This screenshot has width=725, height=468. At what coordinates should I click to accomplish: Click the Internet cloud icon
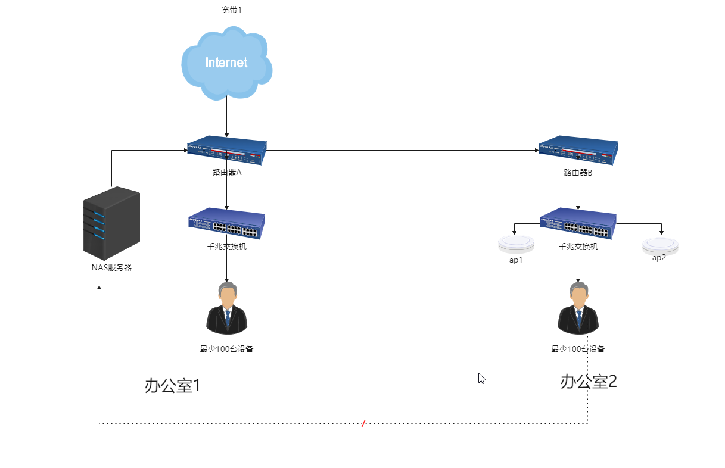click(226, 63)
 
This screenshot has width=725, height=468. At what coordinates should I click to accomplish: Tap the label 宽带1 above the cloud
click(232, 10)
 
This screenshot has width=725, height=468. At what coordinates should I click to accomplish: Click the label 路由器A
click(226, 173)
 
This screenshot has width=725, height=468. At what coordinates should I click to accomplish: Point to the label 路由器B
click(578, 173)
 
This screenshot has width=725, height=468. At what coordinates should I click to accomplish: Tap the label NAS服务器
click(111, 267)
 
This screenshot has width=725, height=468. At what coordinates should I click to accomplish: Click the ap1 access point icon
click(516, 244)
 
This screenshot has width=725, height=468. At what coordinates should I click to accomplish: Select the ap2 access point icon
click(660, 245)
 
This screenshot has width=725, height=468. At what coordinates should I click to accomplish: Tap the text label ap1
click(516, 260)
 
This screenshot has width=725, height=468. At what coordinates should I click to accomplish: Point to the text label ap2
click(659, 258)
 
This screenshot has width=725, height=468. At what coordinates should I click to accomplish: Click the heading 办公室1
click(172, 386)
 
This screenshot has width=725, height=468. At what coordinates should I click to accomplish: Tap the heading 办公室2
click(588, 382)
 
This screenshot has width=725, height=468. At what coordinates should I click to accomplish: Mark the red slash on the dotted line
click(363, 423)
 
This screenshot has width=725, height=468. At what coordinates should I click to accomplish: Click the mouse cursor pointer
click(481, 377)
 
